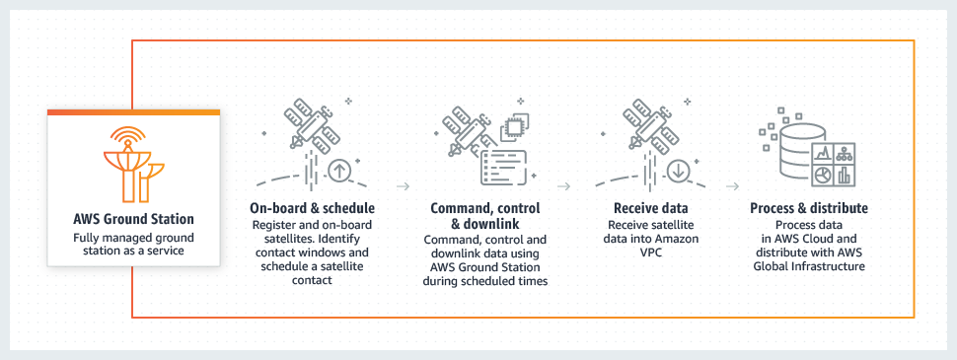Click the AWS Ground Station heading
pyautogui.click(x=134, y=219)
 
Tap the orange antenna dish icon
pyautogui.click(x=134, y=164)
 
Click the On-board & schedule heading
pyautogui.click(x=313, y=209)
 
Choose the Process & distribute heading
pyautogui.click(x=809, y=209)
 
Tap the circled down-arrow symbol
pyautogui.click(x=678, y=170)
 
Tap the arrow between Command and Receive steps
pyautogui.click(x=564, y=184)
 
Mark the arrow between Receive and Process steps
pyautogui.click(x=732, y=184)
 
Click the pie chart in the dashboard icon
pyautogui.click(x=823, y=176)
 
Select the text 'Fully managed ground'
pyautogui.click(x=134, y=239)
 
